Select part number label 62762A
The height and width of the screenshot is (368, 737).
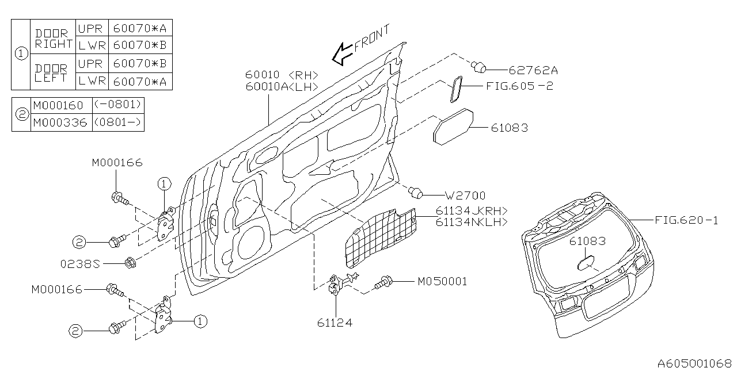(533, 70)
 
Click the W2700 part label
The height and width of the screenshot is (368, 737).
(465, 195)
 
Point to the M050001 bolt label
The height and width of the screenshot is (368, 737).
(442, 282)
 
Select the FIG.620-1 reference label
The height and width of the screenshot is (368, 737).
(686, 220)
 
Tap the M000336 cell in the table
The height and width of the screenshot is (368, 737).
(60, 122)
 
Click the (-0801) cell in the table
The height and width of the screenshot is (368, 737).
(117, 105)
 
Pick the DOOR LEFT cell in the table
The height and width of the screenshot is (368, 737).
(52, 73)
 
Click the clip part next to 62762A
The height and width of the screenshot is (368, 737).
(478, 68)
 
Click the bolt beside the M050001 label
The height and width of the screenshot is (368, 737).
(383, 283)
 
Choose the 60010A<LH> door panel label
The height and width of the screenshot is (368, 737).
(282, 86)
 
